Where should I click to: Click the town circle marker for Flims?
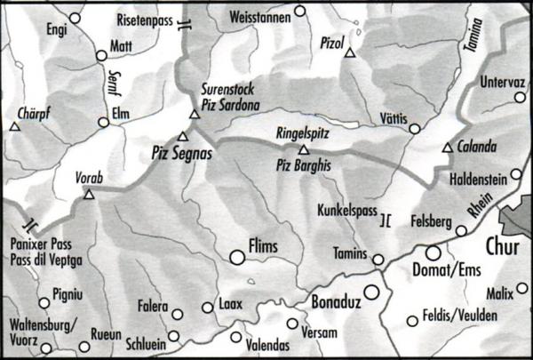pos(237,257)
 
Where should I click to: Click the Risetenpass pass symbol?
pos(183,25)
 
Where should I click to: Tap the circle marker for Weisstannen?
pos(299,12)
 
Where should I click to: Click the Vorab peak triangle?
pos(88,193)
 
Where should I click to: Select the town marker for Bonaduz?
pos(371,292)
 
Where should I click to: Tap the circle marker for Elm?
pos(105,124)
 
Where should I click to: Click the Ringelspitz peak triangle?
pos(304,149)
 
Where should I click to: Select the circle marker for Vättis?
pos(414,129)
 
